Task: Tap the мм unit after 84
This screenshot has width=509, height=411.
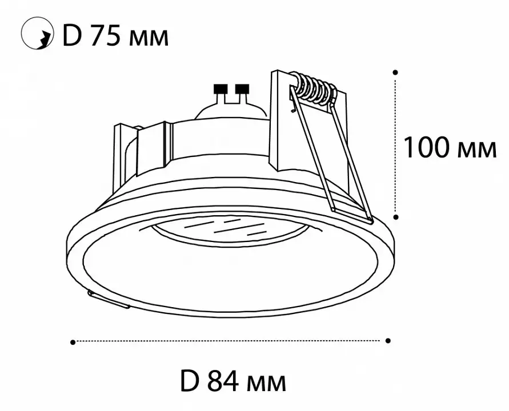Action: (x=266, y=383)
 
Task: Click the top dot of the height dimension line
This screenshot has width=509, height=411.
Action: (x=395, y=72)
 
